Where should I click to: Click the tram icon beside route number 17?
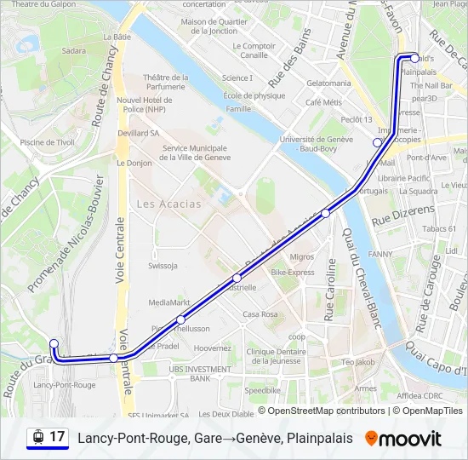37,437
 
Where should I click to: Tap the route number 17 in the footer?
57,437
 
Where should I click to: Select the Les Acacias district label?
169,204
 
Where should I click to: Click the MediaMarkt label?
168,302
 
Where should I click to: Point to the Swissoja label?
162,265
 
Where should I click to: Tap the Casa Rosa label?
260,314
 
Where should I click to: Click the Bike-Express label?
293,273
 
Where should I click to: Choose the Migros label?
301,256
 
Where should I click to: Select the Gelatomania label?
328,83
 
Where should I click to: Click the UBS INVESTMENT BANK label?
199,373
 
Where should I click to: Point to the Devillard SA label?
139,133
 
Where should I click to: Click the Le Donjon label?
134,162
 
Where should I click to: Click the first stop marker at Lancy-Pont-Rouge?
54,344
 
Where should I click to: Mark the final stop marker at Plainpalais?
414,59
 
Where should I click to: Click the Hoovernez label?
213,348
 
